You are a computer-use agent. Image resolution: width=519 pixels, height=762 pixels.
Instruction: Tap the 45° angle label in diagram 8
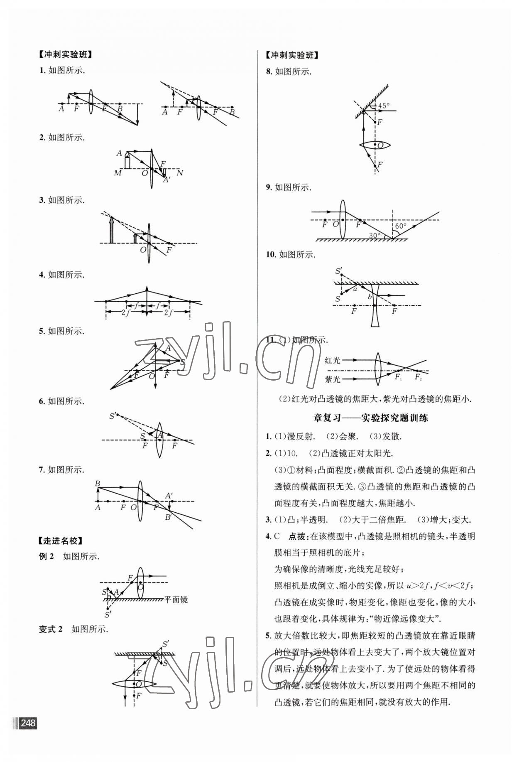point(384,106)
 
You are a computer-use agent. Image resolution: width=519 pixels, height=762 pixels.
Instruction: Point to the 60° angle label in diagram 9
point(401,226)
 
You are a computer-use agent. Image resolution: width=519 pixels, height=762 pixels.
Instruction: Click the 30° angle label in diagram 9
point(375,235)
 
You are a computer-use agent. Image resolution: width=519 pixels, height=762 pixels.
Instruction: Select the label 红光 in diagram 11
point(333,360)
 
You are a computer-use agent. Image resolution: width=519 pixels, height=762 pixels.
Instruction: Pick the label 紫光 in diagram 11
point(333,379)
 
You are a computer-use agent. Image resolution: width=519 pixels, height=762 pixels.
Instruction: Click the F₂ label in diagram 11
point(418,377)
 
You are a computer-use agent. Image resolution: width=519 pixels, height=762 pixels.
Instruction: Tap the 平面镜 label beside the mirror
point(176,600)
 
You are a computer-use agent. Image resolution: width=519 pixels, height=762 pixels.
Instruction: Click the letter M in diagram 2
point(118,173)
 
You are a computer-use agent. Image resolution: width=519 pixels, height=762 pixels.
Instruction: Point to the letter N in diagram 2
point(179,172)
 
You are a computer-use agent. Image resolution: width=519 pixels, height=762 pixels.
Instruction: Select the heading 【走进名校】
point(60,541)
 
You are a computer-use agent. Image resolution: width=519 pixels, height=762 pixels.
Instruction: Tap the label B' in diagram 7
point(169,517)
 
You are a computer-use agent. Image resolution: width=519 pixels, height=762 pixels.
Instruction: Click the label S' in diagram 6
point(112,415)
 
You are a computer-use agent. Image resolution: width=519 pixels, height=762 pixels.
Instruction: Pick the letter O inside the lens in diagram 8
point(380,145)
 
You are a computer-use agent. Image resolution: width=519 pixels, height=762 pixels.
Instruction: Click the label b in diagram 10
point(370,297)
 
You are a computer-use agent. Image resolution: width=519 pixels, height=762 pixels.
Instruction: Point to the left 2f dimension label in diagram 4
point(126,312)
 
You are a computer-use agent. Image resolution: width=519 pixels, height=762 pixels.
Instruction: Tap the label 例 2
point(47,556)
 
